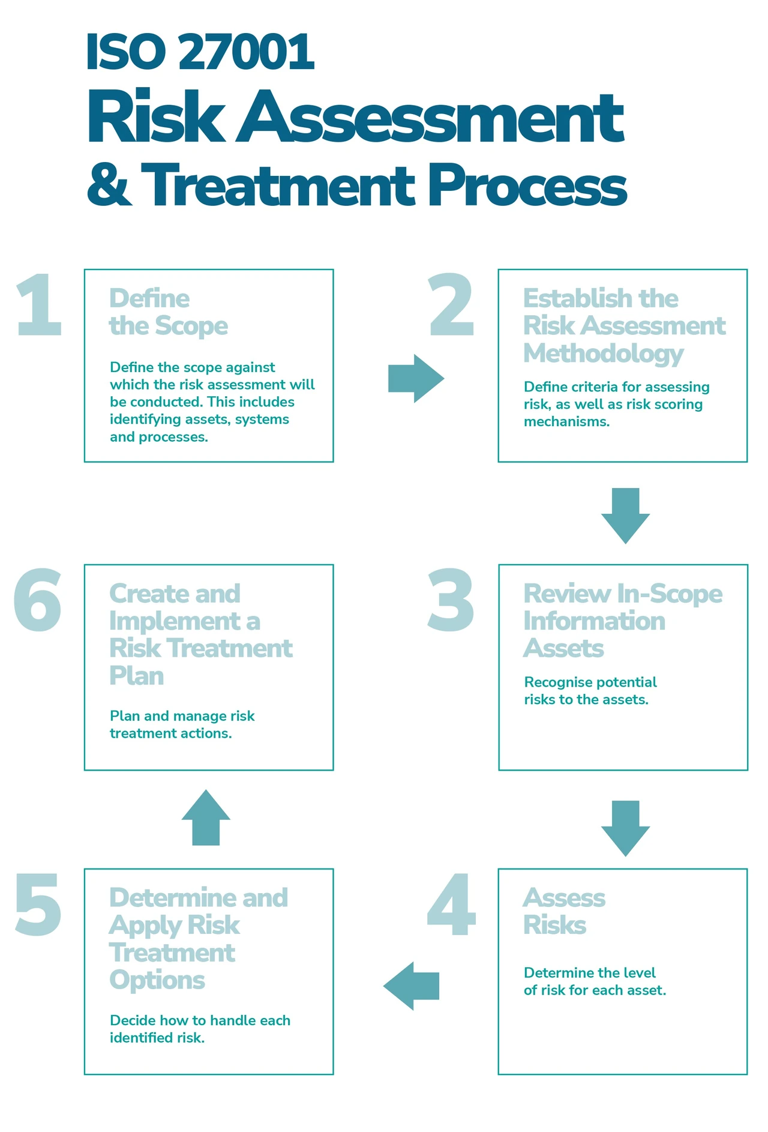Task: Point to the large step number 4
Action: point(451,905)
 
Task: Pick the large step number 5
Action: point(38,905)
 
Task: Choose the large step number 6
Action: point(37,600)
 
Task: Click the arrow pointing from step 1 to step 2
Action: point(416,378)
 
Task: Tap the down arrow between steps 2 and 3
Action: point(625,516)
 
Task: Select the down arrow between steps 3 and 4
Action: point(625,828)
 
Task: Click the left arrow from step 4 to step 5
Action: point(411,986)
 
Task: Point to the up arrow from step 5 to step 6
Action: point(206,817)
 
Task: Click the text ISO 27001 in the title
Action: point(200,52)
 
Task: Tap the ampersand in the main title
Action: point(109,185)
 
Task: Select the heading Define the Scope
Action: point(169,312)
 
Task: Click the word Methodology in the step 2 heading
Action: point(604,354)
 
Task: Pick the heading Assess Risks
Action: point(564,911)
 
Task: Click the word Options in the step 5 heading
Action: point(157,980)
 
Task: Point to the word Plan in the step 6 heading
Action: point(137,676)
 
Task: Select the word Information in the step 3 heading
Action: point(594,621)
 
